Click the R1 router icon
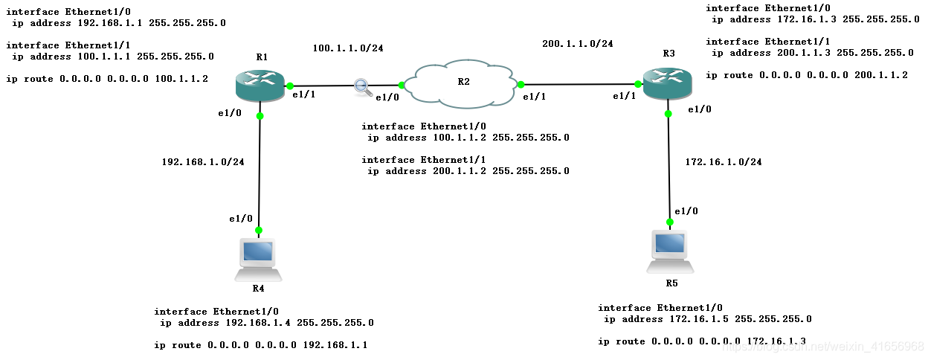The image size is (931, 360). [260, 86]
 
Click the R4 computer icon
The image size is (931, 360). [259, 257]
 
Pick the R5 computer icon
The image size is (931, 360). [671, 251]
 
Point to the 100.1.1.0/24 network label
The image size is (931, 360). [348, 48]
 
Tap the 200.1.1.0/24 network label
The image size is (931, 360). [577, 44]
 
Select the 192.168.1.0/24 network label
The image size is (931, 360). [203, 161]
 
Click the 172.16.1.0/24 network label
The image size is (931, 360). [723, 161]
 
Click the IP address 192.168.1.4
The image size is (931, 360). [257, 323]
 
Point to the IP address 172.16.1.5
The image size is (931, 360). [695, 319]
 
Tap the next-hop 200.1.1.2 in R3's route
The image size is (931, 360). [880, 75]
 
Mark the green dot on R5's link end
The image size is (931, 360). [670, 222]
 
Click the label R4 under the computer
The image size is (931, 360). [258, 288]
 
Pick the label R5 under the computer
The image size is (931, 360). [671, 283]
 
